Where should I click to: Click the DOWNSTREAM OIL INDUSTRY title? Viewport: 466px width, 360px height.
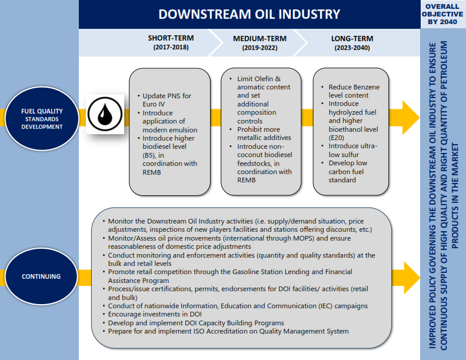249,14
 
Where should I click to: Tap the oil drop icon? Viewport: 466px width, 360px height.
105,114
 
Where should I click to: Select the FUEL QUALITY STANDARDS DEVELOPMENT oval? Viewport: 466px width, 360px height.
42,118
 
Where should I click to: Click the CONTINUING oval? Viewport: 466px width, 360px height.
41,276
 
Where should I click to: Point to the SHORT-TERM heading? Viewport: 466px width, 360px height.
171,38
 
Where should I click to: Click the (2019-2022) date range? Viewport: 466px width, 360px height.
259,48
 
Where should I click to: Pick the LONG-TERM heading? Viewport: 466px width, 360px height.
352,38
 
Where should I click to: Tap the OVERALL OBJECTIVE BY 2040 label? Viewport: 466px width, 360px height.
442,14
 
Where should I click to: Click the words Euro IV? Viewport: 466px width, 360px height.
154,104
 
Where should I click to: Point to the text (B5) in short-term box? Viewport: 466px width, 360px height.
150,155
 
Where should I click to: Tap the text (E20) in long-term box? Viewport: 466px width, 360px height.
337,138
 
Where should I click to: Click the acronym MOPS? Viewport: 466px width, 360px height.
304,238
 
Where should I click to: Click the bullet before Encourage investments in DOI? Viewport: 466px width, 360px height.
104,315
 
